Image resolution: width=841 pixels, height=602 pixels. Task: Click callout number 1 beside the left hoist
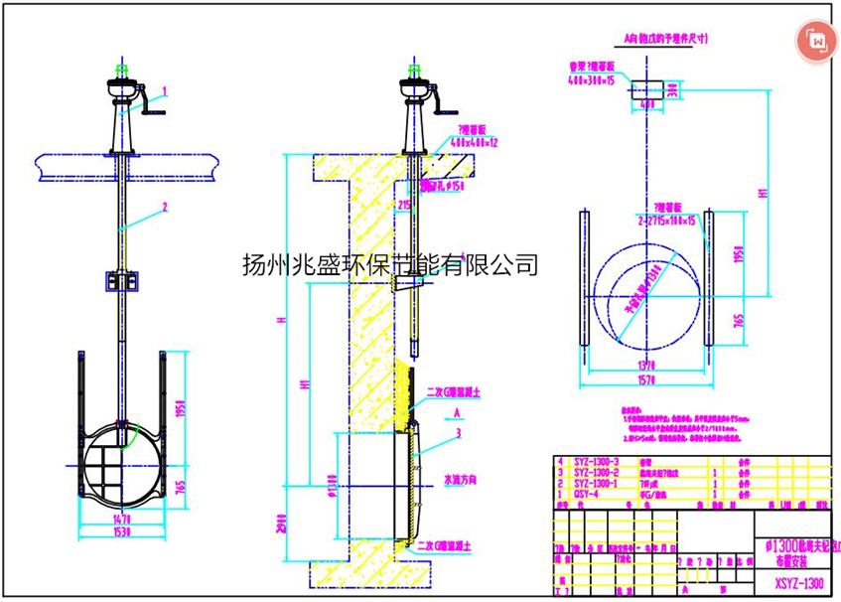[165, 90]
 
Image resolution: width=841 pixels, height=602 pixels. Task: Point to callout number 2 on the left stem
[165, 207]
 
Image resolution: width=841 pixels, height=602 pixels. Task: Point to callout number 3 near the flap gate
[457, 433]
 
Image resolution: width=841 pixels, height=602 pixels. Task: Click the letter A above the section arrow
[454, 409]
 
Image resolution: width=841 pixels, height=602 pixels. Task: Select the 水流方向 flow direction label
[460, 478]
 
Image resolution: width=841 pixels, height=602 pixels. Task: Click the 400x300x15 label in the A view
[592, 79]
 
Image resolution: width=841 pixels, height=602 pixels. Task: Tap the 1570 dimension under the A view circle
[646, 377]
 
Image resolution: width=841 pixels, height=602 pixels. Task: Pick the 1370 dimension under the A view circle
[646, 365]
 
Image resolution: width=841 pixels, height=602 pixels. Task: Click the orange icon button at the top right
[817, 40]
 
